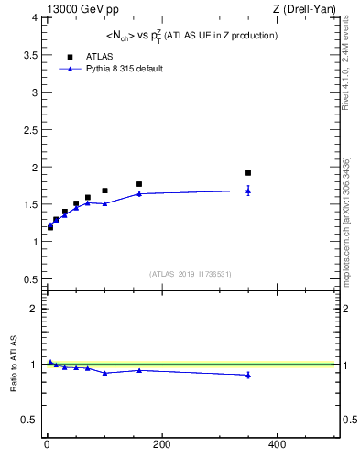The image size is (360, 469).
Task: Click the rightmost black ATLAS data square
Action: (x=247, y=172)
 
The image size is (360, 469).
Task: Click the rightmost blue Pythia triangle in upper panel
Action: (x=247, y=191)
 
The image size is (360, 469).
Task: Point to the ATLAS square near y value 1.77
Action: (x=139, y=184)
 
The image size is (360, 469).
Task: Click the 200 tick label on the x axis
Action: (x=161, y=444)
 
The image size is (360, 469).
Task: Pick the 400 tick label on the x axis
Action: (x=276, y=444)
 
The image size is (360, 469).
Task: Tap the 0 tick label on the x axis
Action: (x=47, y=444)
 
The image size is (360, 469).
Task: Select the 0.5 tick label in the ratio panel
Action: (x=27, y=420)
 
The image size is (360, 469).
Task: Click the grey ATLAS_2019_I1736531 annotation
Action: (x=191, y=274)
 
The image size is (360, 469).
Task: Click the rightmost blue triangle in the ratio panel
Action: (x=247, y=375)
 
